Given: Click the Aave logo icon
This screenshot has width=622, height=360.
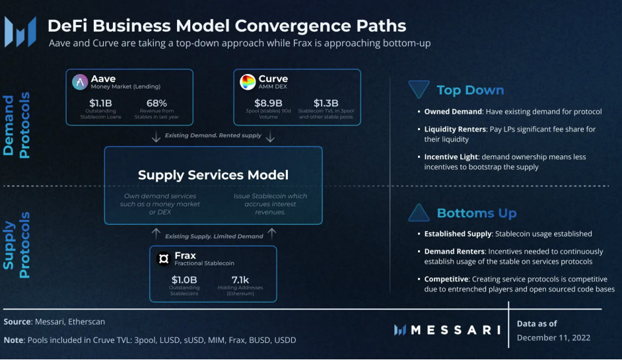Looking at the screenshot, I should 80,82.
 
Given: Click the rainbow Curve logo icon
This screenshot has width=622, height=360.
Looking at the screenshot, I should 248,82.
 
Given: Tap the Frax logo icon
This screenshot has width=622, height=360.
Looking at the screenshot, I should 164,258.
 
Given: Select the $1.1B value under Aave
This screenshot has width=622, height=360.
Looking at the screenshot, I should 102,103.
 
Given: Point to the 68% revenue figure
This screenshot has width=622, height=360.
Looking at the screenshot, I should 156,103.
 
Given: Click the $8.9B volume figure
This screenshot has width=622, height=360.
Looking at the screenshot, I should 269,103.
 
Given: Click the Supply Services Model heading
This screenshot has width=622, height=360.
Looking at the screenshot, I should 213,175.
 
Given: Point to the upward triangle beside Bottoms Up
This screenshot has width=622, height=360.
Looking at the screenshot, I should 419,213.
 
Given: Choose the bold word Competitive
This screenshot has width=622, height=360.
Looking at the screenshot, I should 446,279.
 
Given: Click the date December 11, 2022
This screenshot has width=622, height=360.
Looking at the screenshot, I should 553,338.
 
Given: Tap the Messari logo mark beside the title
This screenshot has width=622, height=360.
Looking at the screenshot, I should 20,30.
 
